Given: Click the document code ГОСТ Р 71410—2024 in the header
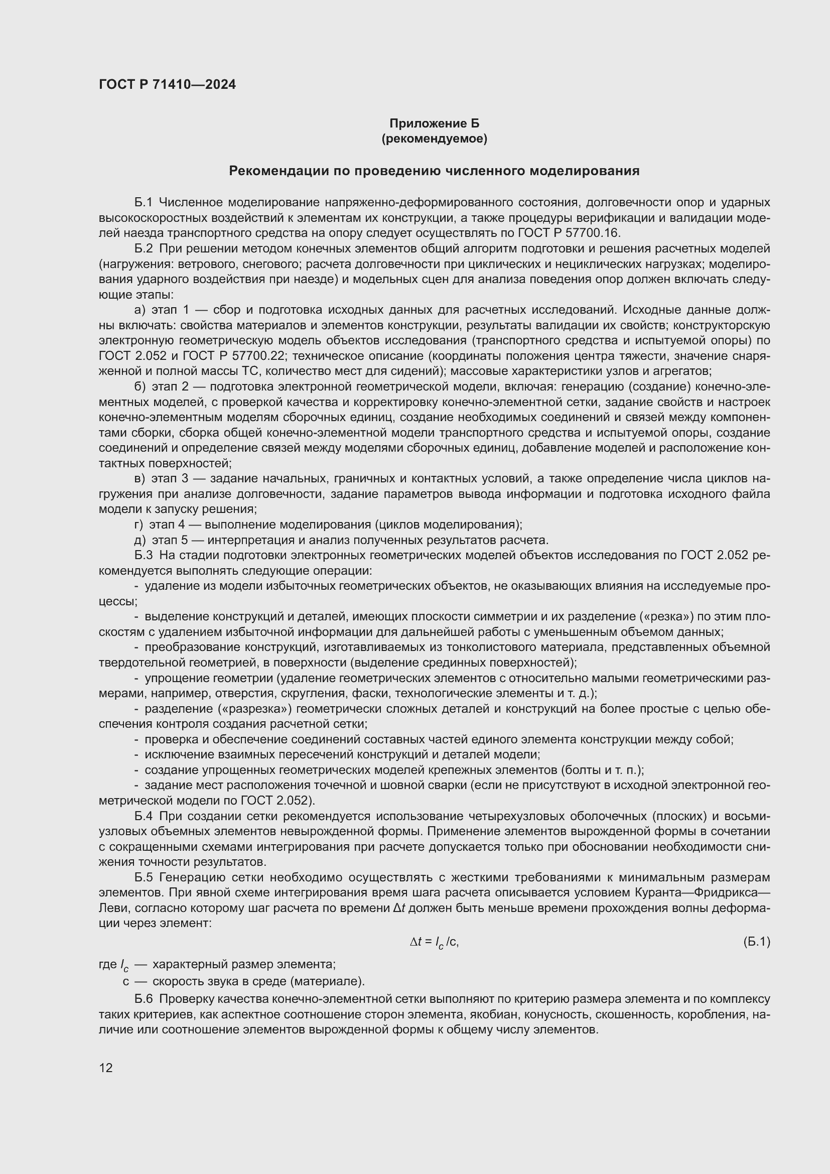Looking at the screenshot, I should point(167,84).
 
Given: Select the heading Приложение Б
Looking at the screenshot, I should point(434,123).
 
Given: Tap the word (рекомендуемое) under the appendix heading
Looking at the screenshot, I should point(434,139).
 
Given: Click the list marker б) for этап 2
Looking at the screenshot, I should point(140,386).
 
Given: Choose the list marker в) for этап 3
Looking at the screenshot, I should point(140,479).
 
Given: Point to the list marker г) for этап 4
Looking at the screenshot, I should point(139,525).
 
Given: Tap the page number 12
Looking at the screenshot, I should point(106,1068).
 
